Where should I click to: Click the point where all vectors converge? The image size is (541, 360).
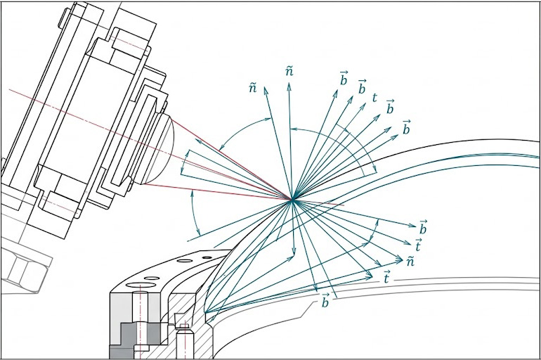pos(292,200)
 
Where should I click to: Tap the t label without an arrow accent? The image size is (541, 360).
pos(374,98)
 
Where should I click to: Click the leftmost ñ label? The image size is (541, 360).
pos(252,87)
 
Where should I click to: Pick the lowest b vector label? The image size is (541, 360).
pos(325,302)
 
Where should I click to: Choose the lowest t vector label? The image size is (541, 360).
pos(387,278)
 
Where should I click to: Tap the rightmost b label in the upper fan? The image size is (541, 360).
pos(406,127)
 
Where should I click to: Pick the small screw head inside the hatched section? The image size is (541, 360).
pos(184,327)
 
